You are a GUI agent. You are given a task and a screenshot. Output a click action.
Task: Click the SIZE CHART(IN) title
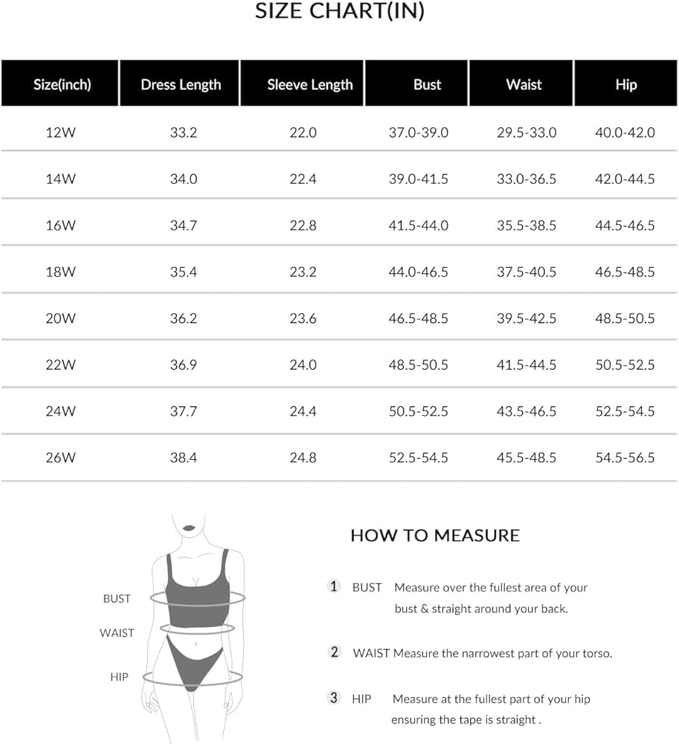(x=340, y=11)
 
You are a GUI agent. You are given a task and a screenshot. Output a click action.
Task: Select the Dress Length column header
(x=181, y=84)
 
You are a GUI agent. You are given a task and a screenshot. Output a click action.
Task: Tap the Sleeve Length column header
(x=310, y=84)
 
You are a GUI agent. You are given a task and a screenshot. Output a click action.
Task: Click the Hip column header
(x=625, y=84)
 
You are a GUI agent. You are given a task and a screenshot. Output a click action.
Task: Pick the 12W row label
(x=60, y=132)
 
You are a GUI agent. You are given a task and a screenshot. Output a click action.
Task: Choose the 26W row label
(x=60, y=458)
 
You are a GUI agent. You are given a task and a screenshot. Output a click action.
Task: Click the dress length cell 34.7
(x=183, y=225)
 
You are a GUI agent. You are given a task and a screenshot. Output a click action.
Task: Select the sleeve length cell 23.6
(x=303, y=318)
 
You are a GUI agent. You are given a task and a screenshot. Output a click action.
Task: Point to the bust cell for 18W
(x=419, y=272)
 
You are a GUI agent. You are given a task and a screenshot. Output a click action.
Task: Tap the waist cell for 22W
(x=527, y=365)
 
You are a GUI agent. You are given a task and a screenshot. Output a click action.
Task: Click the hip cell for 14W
(x=625, y=179)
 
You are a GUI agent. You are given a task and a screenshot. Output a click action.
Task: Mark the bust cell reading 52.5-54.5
(x=419, y=458)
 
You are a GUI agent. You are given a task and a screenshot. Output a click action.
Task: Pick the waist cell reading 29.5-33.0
(x=527, y=132)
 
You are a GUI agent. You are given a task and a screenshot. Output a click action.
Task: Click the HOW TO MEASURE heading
(x=435, y=536)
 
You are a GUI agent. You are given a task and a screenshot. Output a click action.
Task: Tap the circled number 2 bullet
(x=335, y=652)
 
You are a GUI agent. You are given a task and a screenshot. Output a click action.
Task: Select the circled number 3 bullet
(x=335, y=698)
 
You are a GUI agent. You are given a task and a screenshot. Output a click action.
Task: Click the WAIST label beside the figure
(x=117, y=633)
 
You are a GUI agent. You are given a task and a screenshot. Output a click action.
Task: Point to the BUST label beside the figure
(x=117, y=598)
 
